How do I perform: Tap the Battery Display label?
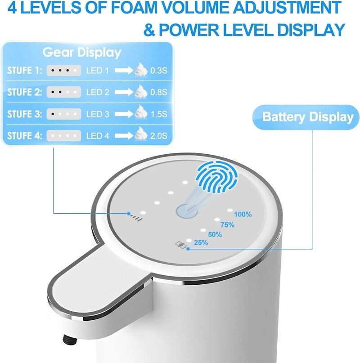pos(308,117)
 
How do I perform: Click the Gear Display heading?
pos(82,53)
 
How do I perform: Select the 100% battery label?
pos(243,215)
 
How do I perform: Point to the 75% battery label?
pos(227,224)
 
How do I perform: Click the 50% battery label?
pos(215,234)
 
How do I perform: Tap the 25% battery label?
pos(201,243)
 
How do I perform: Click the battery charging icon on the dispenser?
pos(180,245)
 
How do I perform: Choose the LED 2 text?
pos(98,92)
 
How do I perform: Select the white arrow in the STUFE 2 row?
pos(124,92)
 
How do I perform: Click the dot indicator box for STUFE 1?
pos(63,70)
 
